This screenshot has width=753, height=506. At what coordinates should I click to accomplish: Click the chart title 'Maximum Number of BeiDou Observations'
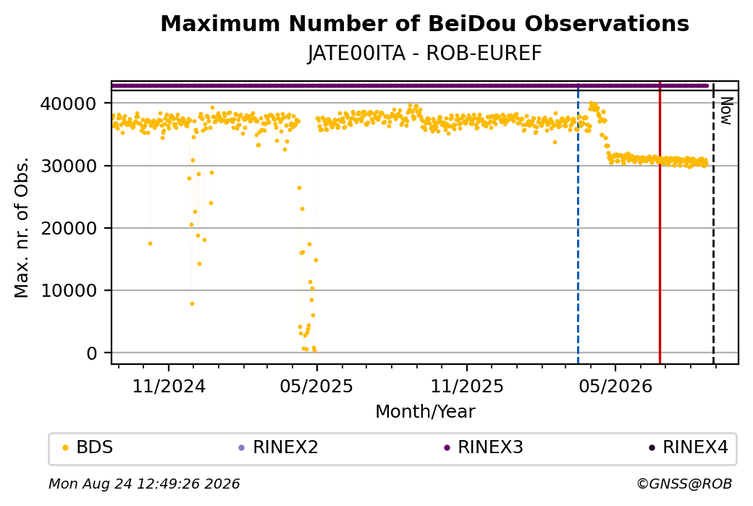coord(424,23)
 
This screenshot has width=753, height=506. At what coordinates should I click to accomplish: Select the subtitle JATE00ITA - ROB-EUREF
coord(424,54)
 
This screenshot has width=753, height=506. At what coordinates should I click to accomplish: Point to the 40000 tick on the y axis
coord(69,104)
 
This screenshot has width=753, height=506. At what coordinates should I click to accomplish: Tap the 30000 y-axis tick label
coord(69,166)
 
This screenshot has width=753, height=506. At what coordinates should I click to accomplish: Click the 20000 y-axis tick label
coord(69,229)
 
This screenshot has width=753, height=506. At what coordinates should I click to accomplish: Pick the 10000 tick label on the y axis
coord(69,291)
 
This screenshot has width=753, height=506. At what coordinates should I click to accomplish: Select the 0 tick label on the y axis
coord(92,353)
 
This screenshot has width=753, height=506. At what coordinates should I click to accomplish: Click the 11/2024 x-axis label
coord(169,387)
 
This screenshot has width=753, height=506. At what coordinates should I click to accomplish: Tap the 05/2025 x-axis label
coord(316,387)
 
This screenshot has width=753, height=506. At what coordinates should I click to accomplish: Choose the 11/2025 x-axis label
coord(467,387)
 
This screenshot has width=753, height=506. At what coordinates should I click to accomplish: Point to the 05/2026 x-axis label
coord(615,387)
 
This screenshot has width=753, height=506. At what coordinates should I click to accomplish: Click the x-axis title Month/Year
coord(425,412)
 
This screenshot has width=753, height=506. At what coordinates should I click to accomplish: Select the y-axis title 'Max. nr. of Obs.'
coord(22,227)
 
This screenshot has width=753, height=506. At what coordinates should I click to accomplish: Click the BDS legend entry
coord(88,447)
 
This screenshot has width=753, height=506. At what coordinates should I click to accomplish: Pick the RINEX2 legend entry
coord(279,447)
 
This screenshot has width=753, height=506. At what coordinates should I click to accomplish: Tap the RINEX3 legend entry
coord(484,447)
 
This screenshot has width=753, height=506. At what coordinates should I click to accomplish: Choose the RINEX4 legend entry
coord(689,447)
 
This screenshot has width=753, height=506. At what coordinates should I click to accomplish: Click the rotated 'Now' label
coord(727,111)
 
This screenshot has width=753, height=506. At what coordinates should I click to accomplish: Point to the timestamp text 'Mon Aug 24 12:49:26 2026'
coord(144,484)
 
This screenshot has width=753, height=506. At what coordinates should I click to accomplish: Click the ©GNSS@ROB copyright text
coord(684,484)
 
